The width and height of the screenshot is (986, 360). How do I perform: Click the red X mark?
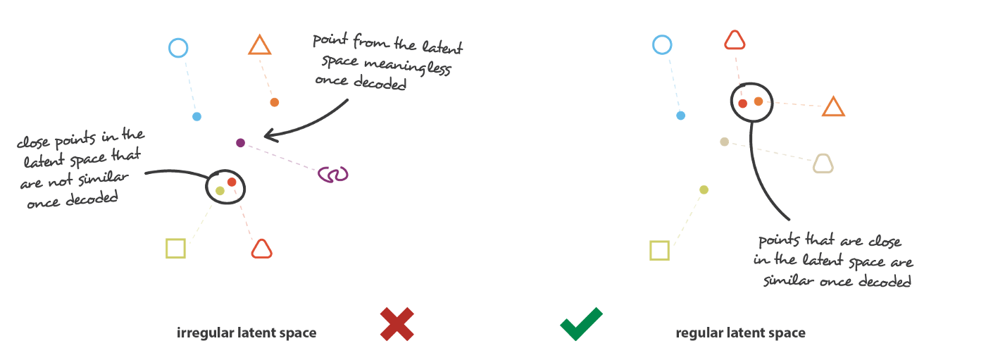tap(397, 324)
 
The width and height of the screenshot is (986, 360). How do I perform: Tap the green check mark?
tap(581, 323)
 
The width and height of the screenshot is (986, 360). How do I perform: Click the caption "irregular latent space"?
tap(246, 333)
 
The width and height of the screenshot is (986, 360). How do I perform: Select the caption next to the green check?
tap(740, 333)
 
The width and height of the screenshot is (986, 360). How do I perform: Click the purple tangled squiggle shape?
tap(333, 173)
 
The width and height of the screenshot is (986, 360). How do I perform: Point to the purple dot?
tap(241, 143)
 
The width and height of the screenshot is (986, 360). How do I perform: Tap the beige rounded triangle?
tap(823, 163)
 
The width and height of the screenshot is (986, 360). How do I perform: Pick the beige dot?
tap(724, 142)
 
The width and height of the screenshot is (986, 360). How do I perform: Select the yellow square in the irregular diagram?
tap(176, 249)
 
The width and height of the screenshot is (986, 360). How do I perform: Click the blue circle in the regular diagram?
tap(662, 46)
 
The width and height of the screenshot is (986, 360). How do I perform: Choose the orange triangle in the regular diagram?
tap(833, 106)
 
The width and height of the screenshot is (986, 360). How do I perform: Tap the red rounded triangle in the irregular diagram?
tap(261, 249)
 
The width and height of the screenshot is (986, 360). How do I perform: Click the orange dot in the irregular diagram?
tap(275, 102)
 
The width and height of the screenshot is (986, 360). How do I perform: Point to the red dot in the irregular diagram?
tap(232, 182)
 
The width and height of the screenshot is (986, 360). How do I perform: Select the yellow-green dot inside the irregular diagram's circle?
tap(220, 191)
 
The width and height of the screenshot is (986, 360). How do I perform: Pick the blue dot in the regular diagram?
tap(680, 116)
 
